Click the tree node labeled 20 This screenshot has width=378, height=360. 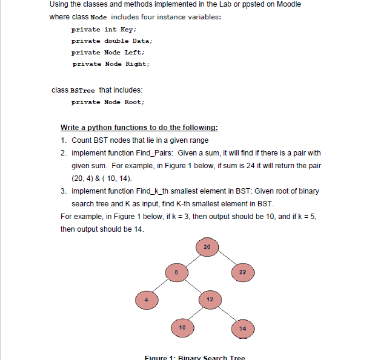207,247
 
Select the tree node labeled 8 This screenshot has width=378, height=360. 176,273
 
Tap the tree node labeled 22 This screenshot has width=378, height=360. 241,273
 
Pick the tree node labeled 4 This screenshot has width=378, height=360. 145,299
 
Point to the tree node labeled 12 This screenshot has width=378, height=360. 210,299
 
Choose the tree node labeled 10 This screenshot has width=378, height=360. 182,327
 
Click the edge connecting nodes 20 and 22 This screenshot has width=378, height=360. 224,260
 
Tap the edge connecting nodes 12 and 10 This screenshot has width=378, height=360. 196,313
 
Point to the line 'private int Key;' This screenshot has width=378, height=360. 104,29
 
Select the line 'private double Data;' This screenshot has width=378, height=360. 111,41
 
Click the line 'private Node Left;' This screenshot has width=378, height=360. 107,52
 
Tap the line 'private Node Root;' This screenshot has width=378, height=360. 108,102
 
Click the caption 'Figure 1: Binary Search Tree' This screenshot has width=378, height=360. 195,357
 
